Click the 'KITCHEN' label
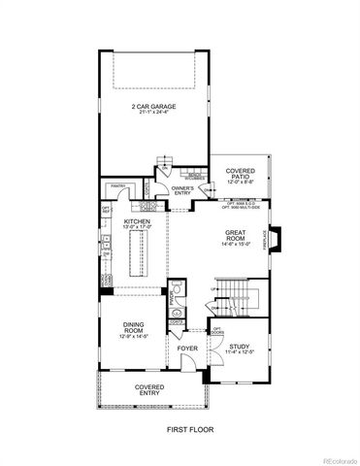[x=136, y=221]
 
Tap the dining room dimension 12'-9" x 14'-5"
[x=134, y=337]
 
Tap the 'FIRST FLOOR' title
[x=180, y=429]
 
